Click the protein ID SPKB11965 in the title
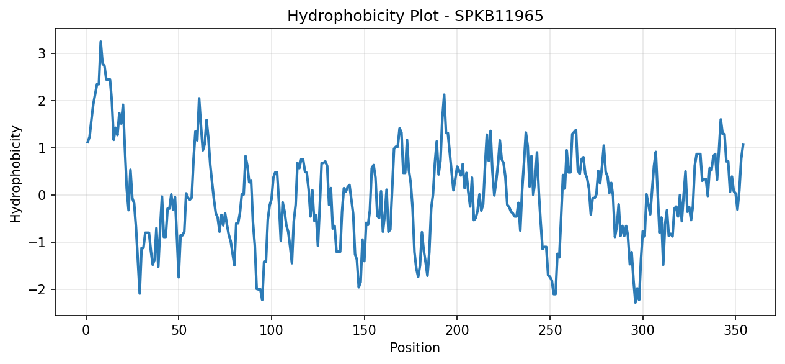[499, 16]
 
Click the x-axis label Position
[415, 348]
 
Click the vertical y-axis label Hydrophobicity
[16, 175]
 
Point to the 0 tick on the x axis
[86, 330]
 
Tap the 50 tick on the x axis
[179, 330]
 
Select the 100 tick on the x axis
[271, 330]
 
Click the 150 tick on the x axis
[364, 330]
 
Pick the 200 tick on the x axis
[457, 330]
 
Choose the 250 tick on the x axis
[550, 330]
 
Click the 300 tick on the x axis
[643, 330]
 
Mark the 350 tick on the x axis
[735, 330]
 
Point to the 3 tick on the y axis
[42, 53]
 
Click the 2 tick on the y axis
[42, 101]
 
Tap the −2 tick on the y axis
[37, 290]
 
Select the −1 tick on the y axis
[37, 242]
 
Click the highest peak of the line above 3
[100, 42]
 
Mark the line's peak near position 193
[444, 94]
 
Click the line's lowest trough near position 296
[636, 303]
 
